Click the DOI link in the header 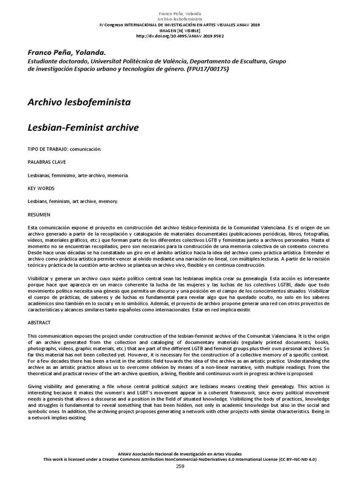pyautogui.click(x=180, y=36)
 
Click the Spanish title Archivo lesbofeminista pyautogui.click(x=80, y=102)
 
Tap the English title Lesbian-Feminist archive pyautogui.click(x=83, y=127)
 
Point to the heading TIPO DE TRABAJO pyautogui.click(x=47, y=149)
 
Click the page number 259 pyautogui.click(x=180, y=466)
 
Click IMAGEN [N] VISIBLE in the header pyautogui.click(x=180, y=30)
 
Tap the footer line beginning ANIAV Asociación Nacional pyautogui.click(x=180, y=454)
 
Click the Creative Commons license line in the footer pyautogui.click(x=180, y=460)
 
